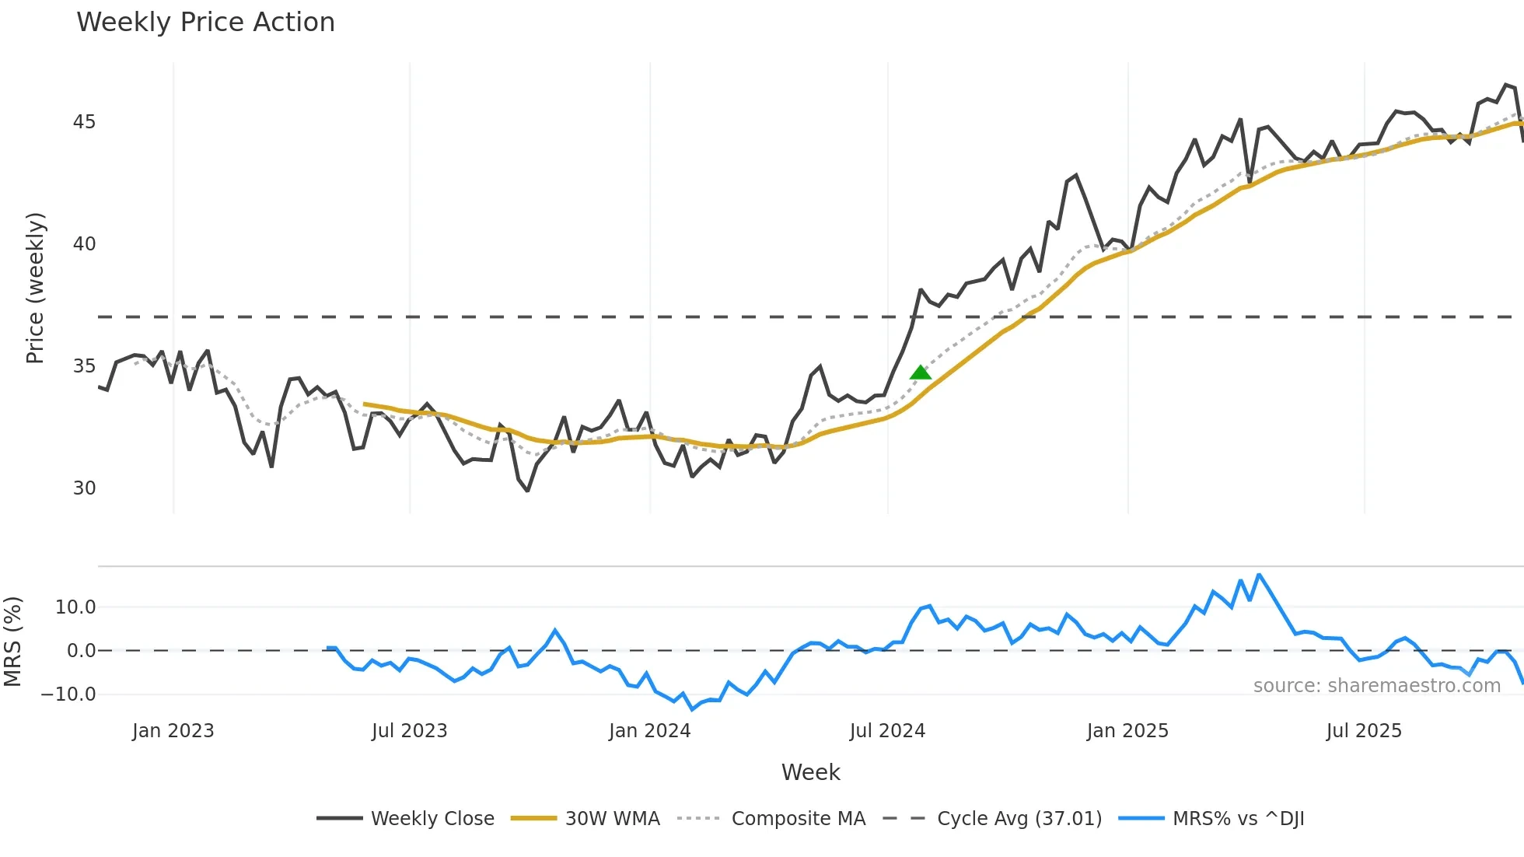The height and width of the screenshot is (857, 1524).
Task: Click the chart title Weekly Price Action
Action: [x=205, y=23]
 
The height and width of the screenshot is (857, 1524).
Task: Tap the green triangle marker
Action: [x=921, y=373]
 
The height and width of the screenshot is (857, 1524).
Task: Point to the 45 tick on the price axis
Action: [x=84, y=122]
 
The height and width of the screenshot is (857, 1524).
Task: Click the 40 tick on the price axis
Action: [x=84, y=244]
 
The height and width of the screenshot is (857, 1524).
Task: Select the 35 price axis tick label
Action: [x=84, y=366]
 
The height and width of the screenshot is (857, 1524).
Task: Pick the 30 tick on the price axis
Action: [x=84, y=488]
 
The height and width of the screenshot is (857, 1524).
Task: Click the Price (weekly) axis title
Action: [x=36, y=288]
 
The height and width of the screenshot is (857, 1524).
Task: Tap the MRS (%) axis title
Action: [x=12, y=642]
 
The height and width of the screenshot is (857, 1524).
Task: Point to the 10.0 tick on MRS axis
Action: [x=75, y=607]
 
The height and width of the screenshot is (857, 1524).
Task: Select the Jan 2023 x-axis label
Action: [x=173, y=731]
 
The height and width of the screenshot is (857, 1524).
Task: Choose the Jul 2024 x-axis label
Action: [x=887, y=731]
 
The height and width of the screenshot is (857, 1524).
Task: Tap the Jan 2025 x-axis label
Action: [x=1127, y=731]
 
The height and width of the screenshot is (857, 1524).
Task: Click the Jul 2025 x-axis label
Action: [x=1364, y=731]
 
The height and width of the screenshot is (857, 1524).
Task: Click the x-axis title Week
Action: [x=810, y=772]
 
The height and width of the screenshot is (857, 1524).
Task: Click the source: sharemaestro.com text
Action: [x=1376, y=686]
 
